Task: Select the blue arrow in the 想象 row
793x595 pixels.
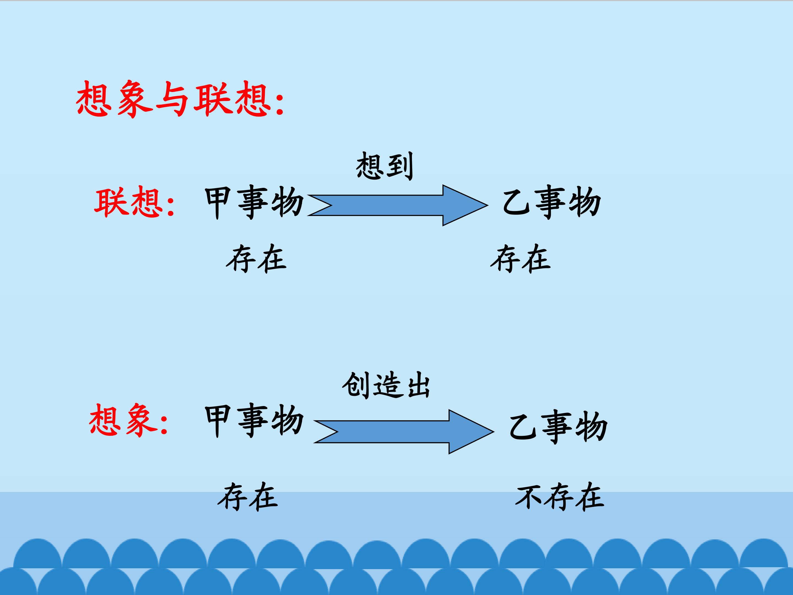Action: pos(404,432)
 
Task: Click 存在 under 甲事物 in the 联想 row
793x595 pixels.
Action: pos(256,258)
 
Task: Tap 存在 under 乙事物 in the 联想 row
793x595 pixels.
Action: pos(520,258)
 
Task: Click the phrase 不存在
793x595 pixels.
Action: pos(560,497)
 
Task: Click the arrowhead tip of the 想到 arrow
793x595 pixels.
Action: pos(488,205)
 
